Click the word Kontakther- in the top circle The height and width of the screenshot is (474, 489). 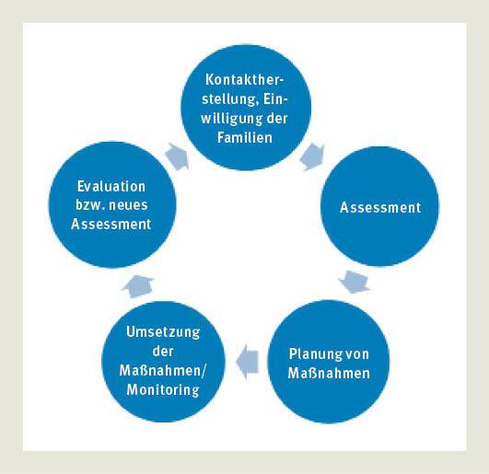245,79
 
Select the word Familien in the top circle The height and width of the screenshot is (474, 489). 245,137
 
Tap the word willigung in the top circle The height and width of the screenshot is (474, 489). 231,120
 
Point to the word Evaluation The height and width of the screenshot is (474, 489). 111,186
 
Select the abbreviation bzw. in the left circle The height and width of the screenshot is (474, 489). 89,204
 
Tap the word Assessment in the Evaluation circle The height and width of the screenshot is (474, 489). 111,224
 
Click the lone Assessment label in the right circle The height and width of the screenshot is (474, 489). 380,207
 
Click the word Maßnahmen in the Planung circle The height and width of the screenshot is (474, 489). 329,373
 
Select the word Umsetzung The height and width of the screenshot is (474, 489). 163,332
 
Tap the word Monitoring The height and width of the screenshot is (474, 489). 163,390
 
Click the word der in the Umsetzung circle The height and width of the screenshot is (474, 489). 163,352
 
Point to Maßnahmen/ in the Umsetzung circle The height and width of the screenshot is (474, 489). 163,371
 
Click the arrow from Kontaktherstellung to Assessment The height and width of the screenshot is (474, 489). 312,156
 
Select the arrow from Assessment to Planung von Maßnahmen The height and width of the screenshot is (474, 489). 355,282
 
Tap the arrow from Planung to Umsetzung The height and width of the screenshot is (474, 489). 248,362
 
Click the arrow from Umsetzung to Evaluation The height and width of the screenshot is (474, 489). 137,286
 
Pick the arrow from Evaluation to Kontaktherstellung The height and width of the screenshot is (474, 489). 178,156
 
